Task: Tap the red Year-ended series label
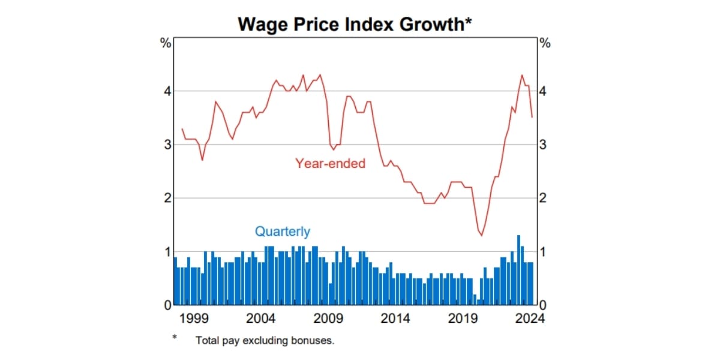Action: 330,163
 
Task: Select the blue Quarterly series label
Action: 283,231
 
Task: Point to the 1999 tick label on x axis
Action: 191,318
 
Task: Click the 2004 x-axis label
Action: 260,318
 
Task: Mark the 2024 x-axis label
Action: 530,318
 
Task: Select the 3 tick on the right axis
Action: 544,145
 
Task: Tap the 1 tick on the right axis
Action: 544,251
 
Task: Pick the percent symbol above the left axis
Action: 165,43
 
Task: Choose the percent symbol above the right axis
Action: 545,43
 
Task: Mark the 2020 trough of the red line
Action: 481,235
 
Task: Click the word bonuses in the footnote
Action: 313,340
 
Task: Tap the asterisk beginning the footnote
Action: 175,338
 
